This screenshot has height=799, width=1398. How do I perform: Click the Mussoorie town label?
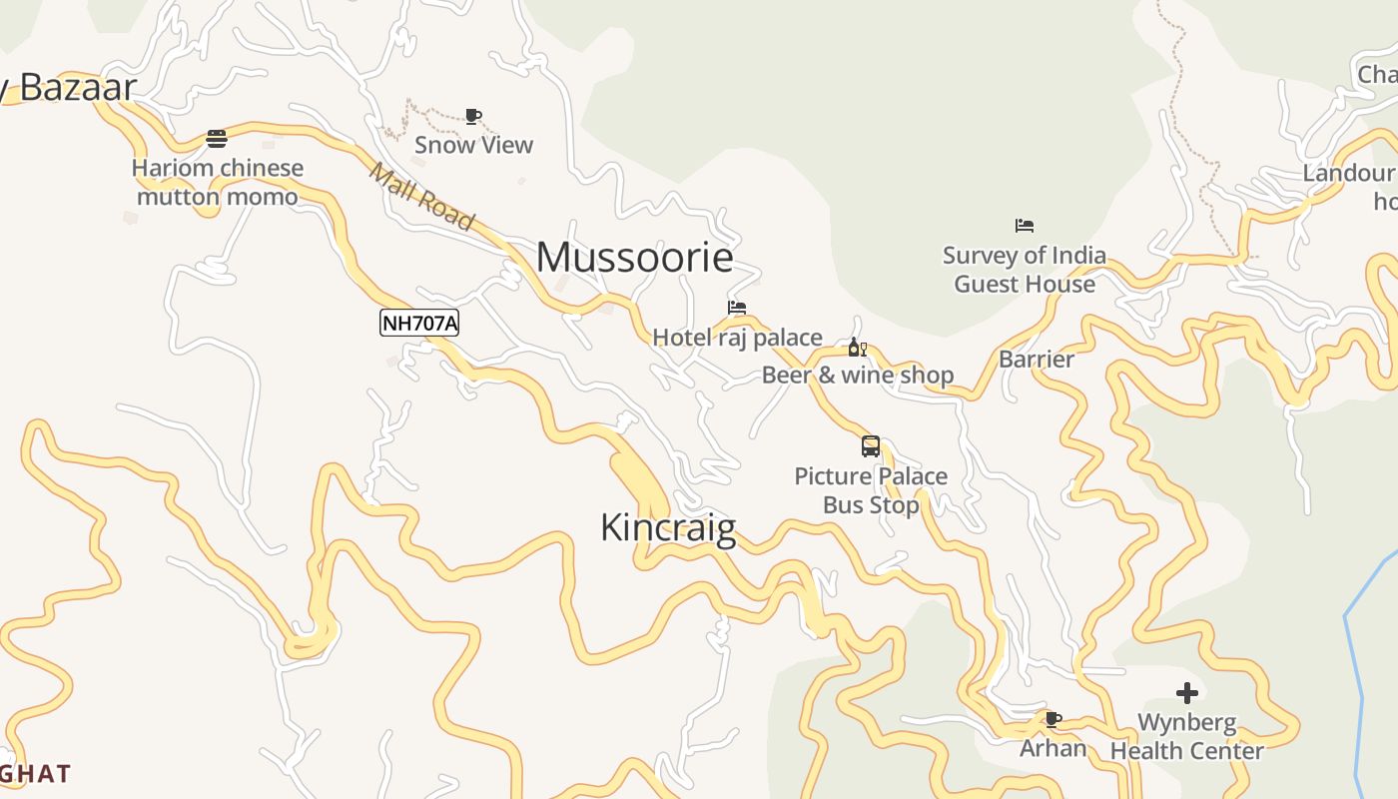point(635,258)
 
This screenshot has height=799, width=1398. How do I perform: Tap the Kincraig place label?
point(668,527)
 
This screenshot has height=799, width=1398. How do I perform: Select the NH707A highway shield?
point(419,323)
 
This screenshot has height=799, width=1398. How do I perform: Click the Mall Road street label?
point(421,196)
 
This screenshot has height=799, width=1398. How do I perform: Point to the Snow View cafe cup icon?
point(473,117)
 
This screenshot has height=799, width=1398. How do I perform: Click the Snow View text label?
point(473,145)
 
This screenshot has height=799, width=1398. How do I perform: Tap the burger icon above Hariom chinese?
point(217,139)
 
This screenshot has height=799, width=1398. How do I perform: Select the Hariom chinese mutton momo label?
point(218,182)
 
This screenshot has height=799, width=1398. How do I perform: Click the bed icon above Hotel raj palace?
point(737,308)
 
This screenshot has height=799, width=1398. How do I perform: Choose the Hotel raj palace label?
point(737,338)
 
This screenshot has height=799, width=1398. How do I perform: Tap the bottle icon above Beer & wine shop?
point(857,348)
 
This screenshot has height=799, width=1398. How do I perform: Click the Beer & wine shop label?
point(858,376)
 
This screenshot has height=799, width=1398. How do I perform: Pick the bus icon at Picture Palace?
point(871,446)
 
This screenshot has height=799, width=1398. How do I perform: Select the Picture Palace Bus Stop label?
point(871,490)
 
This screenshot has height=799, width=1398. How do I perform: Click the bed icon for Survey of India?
point(1025,226)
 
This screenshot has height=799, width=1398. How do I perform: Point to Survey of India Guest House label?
point(1025,270)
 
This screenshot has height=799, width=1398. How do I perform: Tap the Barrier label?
point(1037,360)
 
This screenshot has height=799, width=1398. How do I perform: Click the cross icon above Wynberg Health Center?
point(1186,692)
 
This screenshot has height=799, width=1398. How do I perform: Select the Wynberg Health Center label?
point(1186,736)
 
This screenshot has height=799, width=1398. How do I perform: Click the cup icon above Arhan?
point(1052,719)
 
